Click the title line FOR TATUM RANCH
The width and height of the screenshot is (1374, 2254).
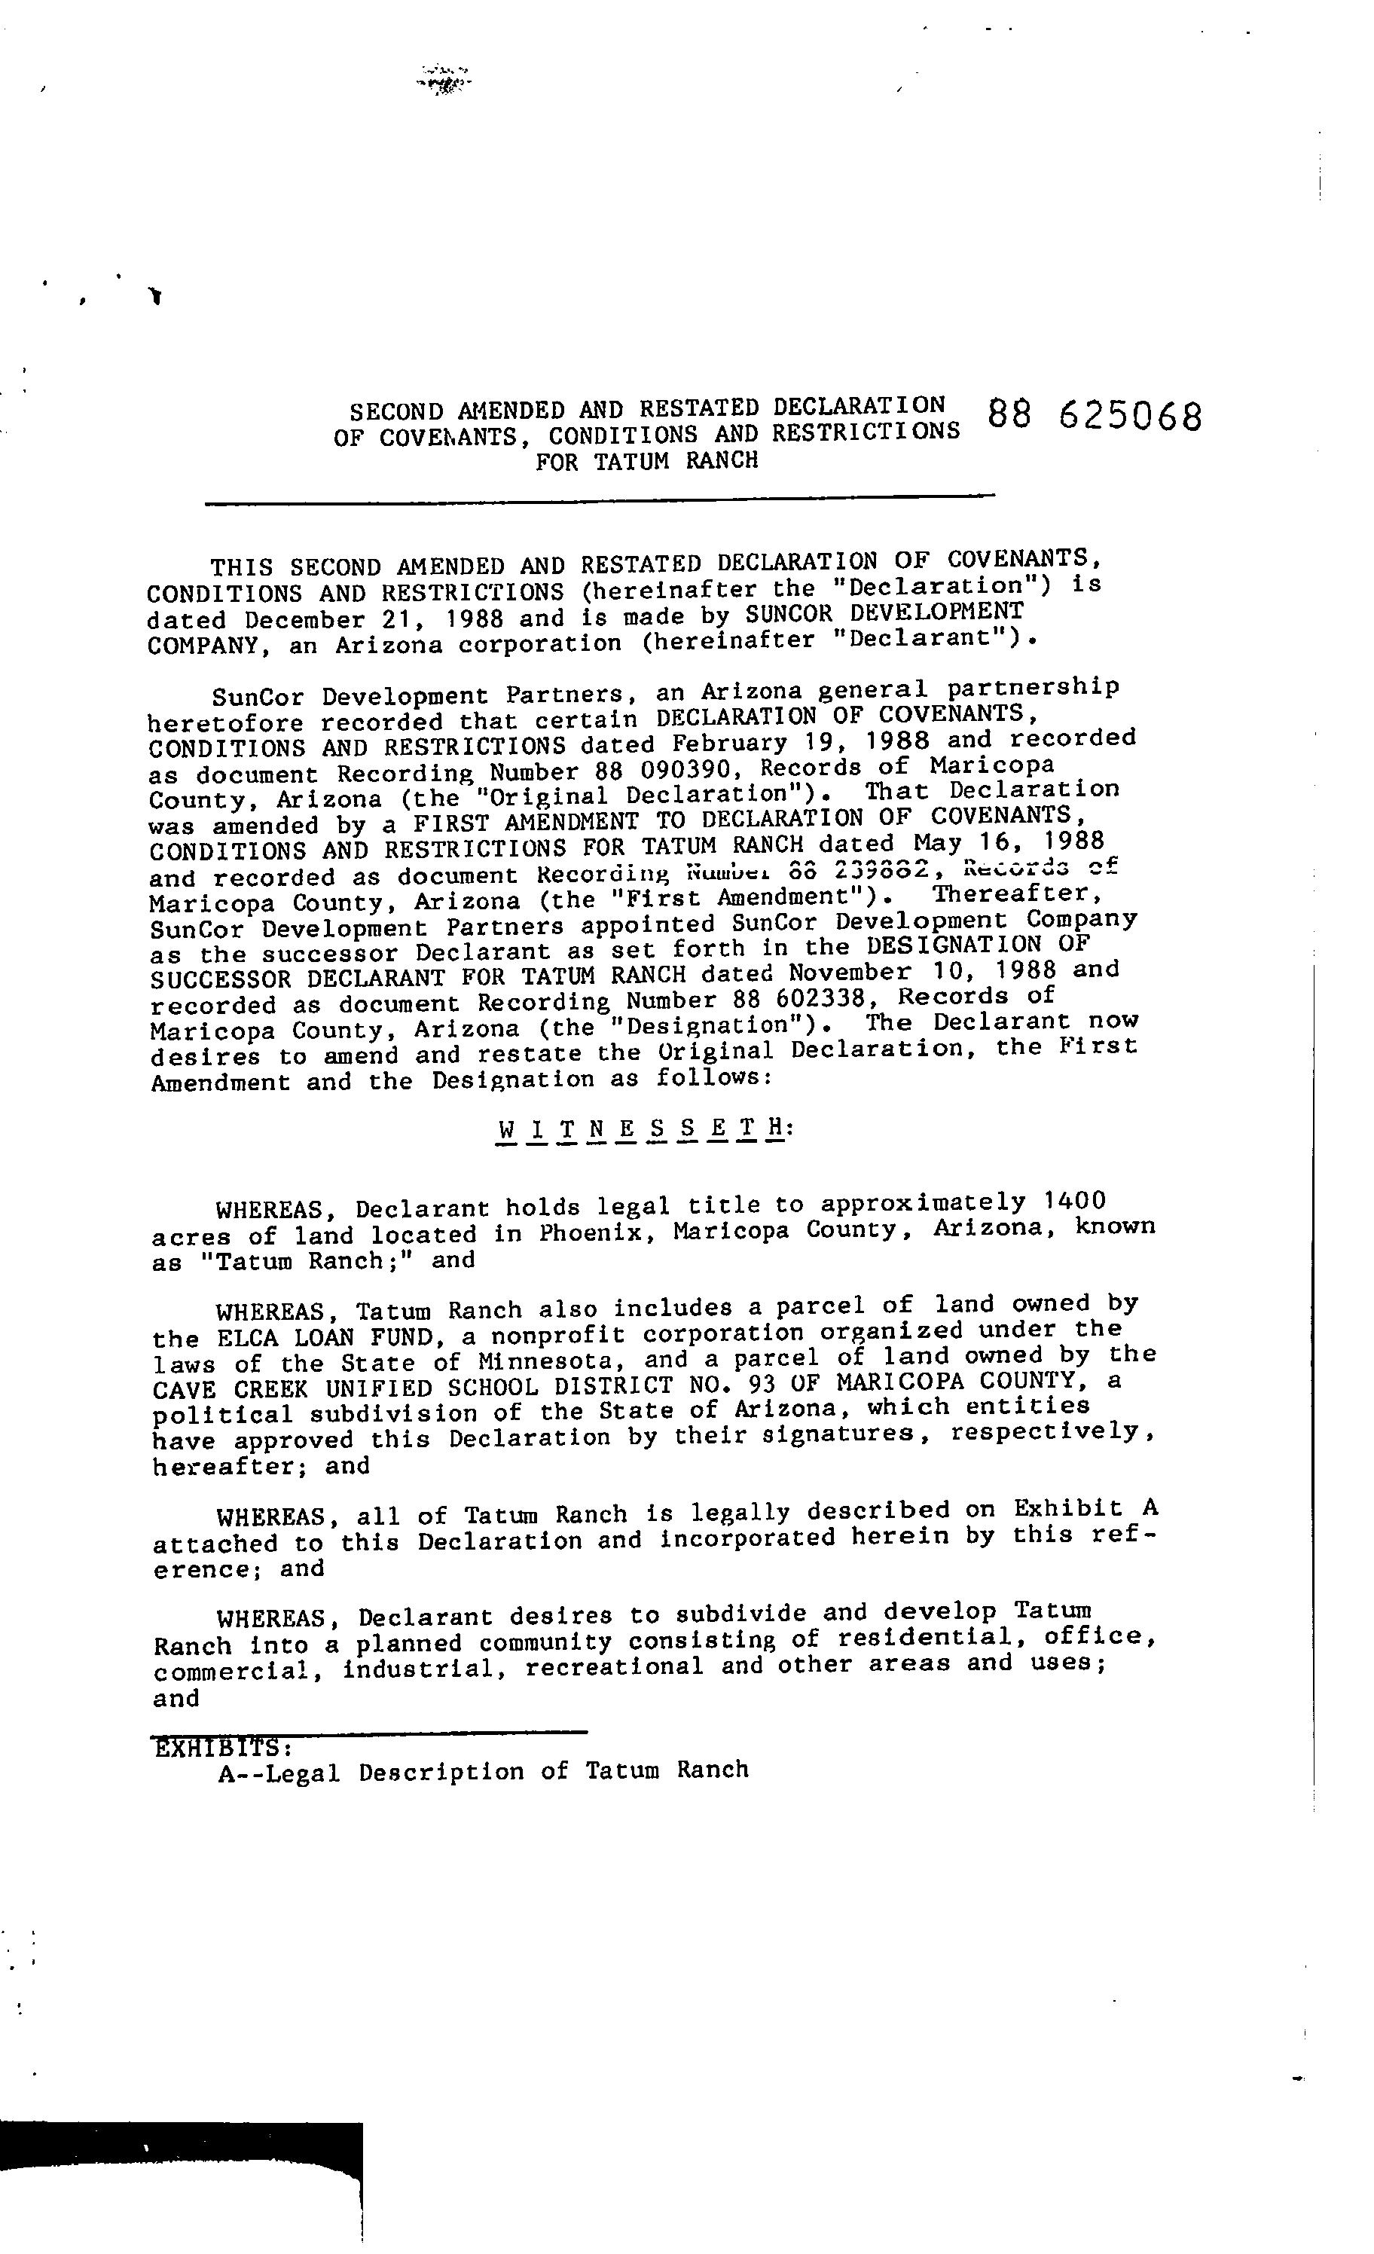(x=647, y=461)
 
